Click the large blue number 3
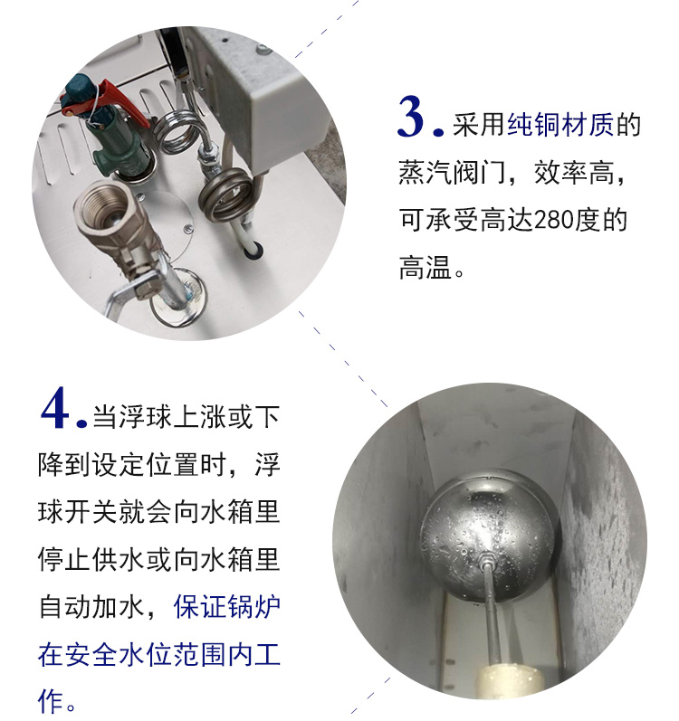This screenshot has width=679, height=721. (x=413, y=117)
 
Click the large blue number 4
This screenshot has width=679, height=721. (x=54, y=408)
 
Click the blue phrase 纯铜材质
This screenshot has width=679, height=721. (x=560, y=125)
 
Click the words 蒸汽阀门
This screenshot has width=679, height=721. (x=452, y=173)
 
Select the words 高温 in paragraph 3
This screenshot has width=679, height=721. (x=426, y=268)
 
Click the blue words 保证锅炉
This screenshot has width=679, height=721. (x=227, y=607)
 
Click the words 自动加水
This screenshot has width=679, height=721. (x=92, y=607)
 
